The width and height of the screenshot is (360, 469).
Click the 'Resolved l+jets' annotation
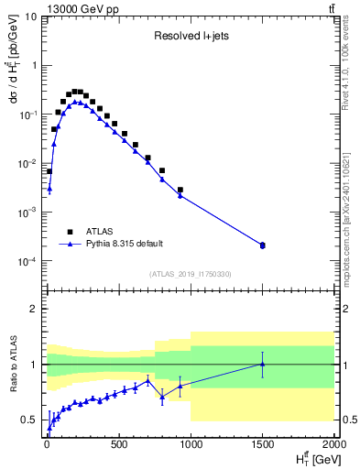(190, 37)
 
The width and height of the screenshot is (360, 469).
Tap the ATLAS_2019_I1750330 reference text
(189, 274)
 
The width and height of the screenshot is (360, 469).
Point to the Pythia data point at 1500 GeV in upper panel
(263, 245)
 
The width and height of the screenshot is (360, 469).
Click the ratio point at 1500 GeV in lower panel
(263, 365)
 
